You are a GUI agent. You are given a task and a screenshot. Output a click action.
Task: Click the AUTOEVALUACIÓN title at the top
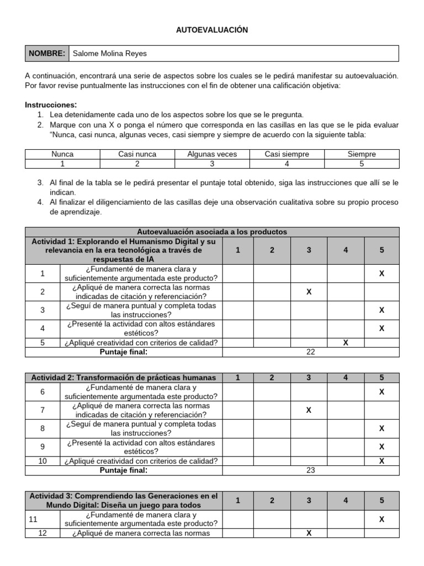pyautogui.click(x=212, y=30)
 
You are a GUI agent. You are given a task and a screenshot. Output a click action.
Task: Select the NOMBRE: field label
pyautogui.click(x=47, y=54)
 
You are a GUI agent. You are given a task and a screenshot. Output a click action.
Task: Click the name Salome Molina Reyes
pyautogui.click(x=110, y=54)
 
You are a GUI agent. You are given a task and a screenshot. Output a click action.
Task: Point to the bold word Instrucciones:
pyautogui.click(x=51, y=105)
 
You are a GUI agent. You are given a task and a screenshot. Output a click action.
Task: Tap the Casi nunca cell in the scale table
pyautogui.click(x=137, y=154)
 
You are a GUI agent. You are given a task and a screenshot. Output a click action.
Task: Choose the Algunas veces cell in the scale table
pyautogui.click(x=212, y=154)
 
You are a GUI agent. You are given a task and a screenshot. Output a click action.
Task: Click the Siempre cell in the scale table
pyautogui.click(x=362, y=154)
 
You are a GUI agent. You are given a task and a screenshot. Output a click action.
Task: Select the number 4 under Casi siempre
pyautogui.click(x=287, y=164)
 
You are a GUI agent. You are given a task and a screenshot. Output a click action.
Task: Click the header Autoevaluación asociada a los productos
pyautogui.click(x=212, y=232)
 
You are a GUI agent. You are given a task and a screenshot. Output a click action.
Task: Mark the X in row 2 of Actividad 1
pyautogui.click(x=309, y=291)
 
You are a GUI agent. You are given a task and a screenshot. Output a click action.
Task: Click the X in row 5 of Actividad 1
pyautogui.click(x=346, y=343)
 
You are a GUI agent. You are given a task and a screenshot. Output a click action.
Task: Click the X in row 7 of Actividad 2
pyautogui.click(x=309, y=410)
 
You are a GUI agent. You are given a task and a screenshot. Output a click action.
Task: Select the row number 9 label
pyautogui.click(x=43, y=447)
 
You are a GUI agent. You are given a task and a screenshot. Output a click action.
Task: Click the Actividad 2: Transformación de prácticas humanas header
pyautogui.click(x=124, y=378)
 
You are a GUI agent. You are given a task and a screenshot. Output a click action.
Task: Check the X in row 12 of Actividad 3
pyautogui.click(x=309, y=533)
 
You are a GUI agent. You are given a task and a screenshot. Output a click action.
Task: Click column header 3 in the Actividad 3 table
pyautogui.click(x=309, y=500)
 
